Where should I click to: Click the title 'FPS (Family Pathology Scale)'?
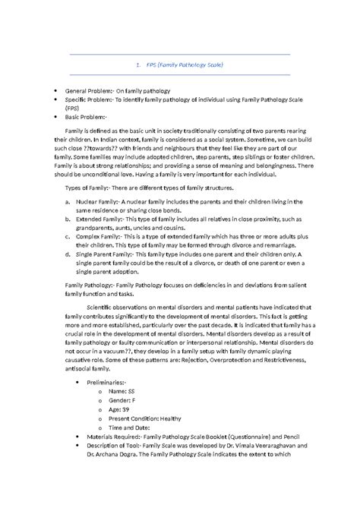[179, 65]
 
